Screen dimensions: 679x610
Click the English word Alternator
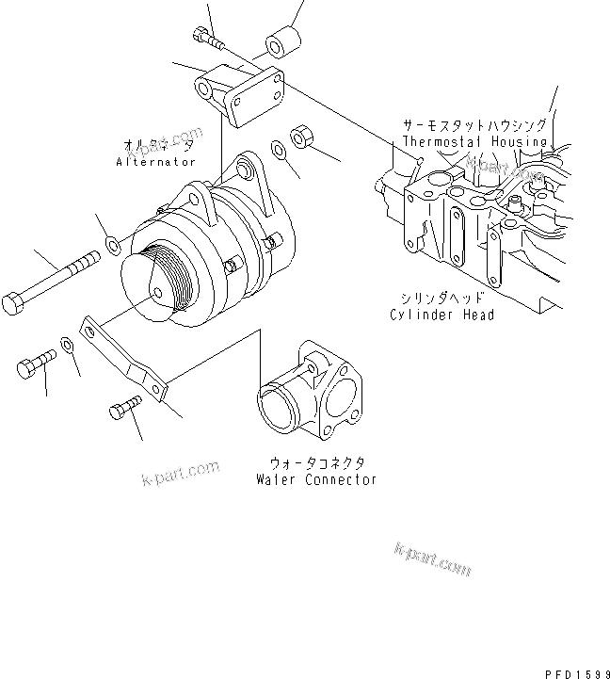pyautogui.click(x=155, y=162)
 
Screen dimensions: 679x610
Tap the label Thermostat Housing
pyautogui.click(x=474, y=141)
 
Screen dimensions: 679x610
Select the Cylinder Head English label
pyautogui.click(x=441, y=315)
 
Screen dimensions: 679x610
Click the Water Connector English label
pyautogui.click(x=315, y=479)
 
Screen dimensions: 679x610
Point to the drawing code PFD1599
pyautogui.click(x=577, y=671)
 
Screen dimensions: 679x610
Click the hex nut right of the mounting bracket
pyautogui.click(x=304, y=136)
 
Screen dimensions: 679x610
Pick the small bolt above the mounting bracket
pyautogui.click(x=208, y=39)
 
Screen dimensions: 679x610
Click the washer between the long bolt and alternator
pyautogui.click(x=112, y=247)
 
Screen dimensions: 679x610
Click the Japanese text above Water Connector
pyautogui.click(x=315, y=463)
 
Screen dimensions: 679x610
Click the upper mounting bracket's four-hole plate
pyautogui.click(x=257, y=95)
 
